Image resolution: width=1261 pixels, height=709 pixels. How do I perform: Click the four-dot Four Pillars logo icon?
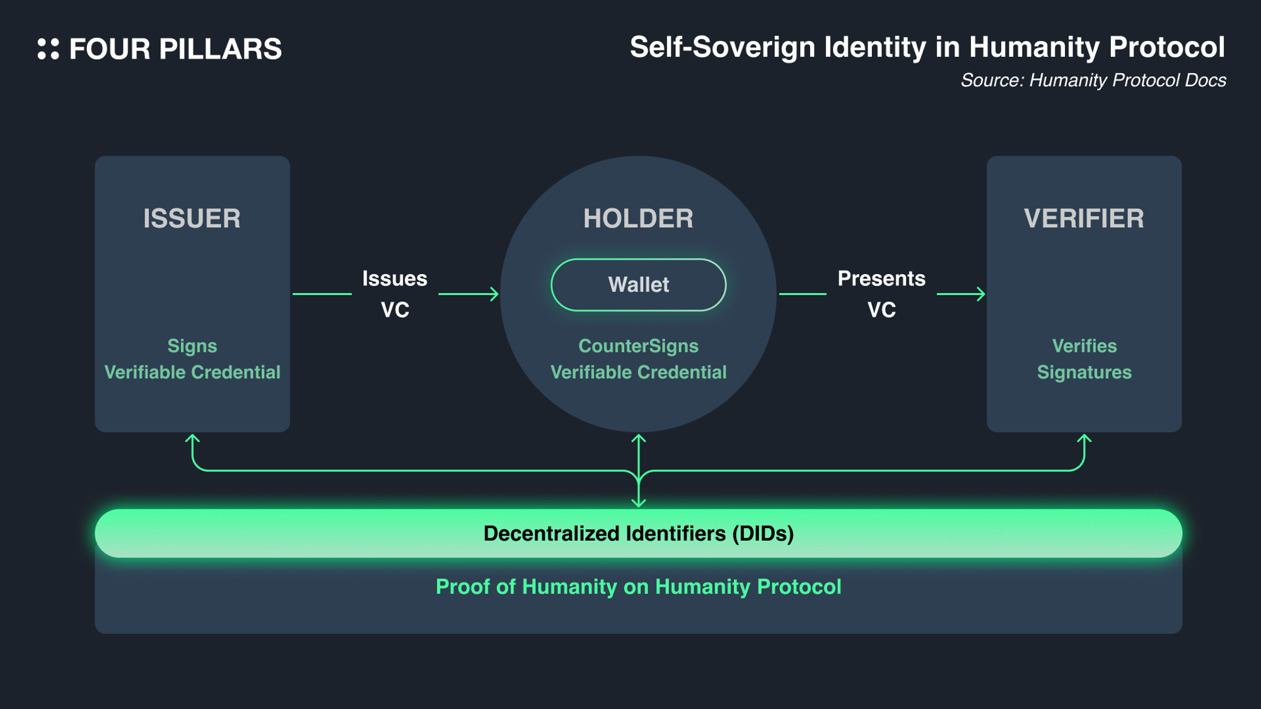48,49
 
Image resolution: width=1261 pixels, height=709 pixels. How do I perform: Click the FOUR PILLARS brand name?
175,49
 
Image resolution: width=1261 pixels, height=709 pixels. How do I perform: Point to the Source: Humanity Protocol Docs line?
1093,81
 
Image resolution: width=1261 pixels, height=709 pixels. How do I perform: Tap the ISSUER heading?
192,219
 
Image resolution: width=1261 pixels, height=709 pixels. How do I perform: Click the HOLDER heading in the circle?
638,219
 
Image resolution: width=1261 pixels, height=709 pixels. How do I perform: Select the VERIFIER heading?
1084,219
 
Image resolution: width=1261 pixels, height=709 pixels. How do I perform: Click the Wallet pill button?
638,285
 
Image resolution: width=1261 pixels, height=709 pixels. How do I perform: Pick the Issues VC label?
395,294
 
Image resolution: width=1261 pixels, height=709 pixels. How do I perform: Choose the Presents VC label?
881,294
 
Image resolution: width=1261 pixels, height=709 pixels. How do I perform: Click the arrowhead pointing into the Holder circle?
495,294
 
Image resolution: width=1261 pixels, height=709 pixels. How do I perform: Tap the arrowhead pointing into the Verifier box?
981,294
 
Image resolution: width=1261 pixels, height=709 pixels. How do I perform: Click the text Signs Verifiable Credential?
192,359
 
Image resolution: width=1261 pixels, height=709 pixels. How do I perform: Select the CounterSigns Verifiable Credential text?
638,359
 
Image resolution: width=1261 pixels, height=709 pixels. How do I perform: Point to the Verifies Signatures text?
1084,359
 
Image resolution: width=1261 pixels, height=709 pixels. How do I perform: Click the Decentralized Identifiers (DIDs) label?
638,534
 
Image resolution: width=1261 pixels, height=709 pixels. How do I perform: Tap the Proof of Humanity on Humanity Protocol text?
638,587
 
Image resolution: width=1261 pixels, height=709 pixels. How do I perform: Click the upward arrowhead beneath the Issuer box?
193,438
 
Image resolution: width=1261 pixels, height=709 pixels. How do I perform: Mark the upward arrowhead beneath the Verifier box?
1084,438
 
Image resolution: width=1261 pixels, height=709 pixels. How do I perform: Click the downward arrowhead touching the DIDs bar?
639,503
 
